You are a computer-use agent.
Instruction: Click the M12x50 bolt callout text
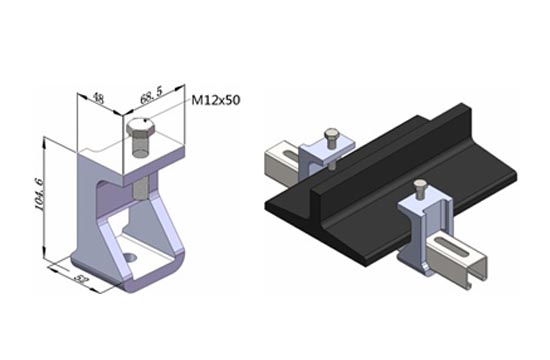point(216,100)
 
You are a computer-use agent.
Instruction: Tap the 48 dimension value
point(99,99)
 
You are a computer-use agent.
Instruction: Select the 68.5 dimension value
point(151,95)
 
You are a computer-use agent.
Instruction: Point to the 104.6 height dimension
point(39,194)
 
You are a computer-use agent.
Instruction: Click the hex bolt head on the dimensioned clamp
point(140,128)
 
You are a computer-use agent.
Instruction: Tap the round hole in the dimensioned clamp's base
point(130,258)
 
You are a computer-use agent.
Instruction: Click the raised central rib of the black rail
point(396,153)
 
